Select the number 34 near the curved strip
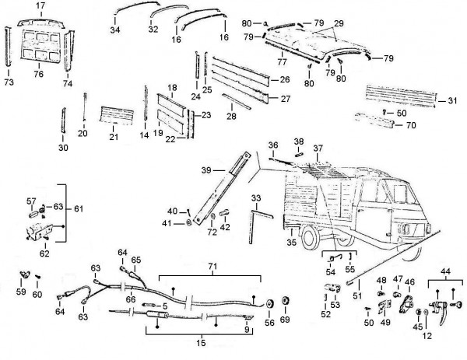coord(114,30)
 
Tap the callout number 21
coord(112,138)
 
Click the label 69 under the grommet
coord(284,320)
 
